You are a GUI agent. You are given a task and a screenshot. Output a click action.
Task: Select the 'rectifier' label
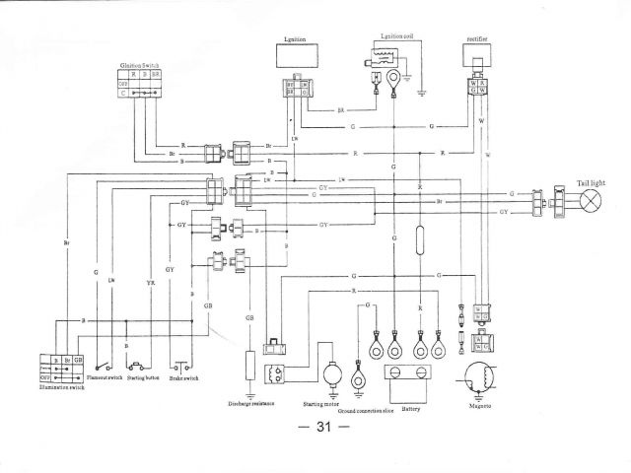point(479,40)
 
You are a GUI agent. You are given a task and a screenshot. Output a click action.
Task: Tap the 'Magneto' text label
point(480,405)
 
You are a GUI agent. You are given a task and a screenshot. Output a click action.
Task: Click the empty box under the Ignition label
point(297,56)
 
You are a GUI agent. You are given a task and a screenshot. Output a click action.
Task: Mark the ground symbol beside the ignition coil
point(422,91)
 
